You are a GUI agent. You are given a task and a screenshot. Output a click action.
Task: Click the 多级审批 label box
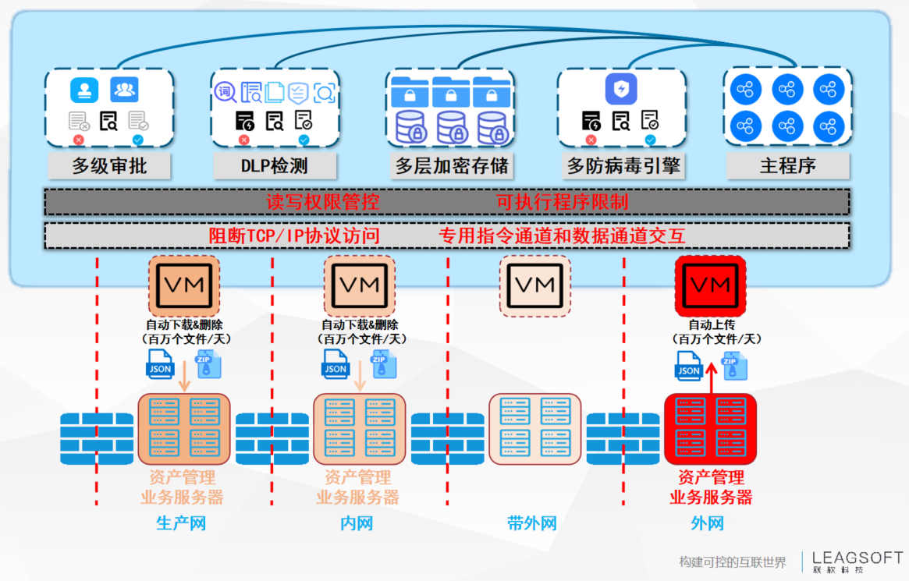tap(109, 166)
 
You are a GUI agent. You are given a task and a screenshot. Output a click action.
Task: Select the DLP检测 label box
tap(274, 166)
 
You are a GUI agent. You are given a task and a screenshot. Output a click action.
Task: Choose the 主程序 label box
tap(787, 166)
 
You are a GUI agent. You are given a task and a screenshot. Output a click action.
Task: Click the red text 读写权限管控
tap(323, 203)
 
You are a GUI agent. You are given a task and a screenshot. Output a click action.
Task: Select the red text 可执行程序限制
tap(562, 203)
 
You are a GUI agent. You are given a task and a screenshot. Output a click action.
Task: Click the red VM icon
tap(711, 285)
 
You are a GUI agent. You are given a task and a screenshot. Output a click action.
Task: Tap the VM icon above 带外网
tap(535, 285)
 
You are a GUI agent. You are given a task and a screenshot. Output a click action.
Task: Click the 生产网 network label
tap(181, 523)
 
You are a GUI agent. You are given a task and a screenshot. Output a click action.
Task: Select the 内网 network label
tap(357, 523)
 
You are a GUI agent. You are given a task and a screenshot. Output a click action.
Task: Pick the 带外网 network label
tap(532, 523)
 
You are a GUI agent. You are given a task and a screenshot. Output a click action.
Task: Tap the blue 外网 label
tap(707, 523)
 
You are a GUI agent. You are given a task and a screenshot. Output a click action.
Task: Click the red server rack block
tap(711, 429)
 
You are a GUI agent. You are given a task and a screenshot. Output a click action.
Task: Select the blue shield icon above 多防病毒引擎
tap(621, 89)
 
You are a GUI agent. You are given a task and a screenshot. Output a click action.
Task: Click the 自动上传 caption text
tap(711, 324)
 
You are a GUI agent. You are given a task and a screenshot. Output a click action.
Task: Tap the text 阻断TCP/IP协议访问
tap(294, 236)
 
